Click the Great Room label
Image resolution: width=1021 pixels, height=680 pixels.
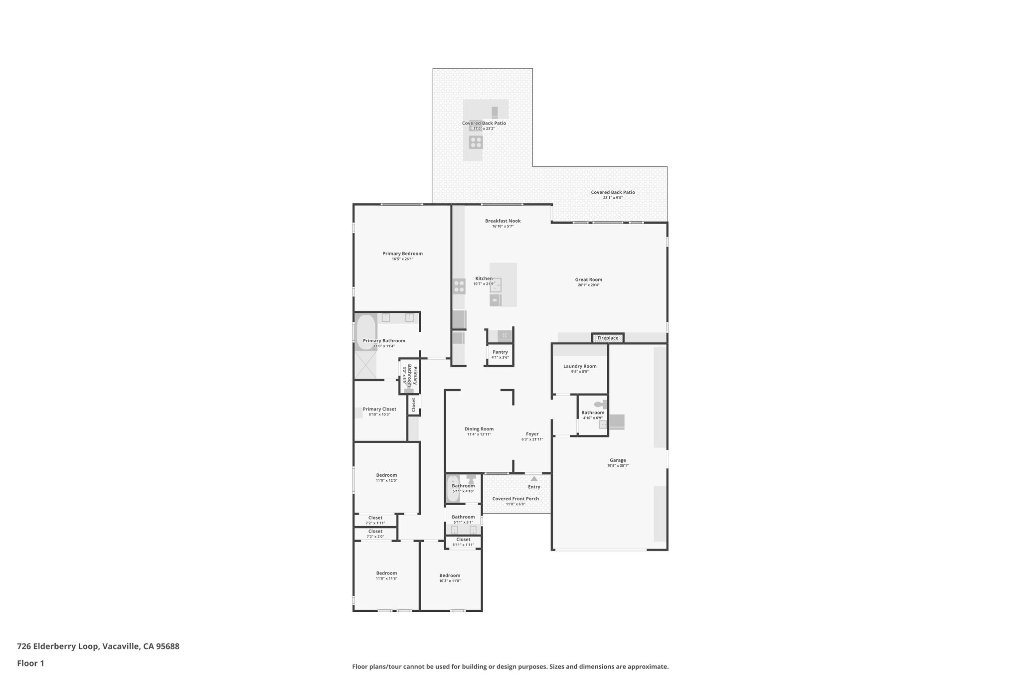tap(588, 279)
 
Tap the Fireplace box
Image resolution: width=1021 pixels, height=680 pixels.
tap(608, 338)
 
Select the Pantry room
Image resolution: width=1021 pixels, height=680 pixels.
tap(500, 354)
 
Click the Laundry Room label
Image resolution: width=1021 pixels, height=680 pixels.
tap(580, 366)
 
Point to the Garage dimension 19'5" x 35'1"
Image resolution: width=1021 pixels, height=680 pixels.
tap(618, 466)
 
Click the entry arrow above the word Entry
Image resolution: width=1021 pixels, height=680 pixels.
tap(534, 479)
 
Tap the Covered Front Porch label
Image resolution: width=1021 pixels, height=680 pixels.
tap(515, 499)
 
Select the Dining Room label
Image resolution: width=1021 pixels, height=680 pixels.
tap(479, 429)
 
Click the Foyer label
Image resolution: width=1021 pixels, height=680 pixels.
tap(532, 434)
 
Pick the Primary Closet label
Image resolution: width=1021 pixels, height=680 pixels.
tap(379, 409)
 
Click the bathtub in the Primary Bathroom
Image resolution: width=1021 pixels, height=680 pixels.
tap(366, 331)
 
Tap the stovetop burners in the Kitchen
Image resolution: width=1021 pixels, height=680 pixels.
tap(459, 286)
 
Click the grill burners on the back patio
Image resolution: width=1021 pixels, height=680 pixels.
tap(476, 142)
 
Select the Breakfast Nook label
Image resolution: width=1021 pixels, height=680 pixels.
tap(503, 221)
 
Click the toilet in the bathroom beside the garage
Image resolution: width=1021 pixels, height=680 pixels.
tap(599, 404)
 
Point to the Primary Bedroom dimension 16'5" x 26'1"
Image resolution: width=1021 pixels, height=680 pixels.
tap(402, 259)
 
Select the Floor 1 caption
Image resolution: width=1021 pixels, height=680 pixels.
tap(30, 663)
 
